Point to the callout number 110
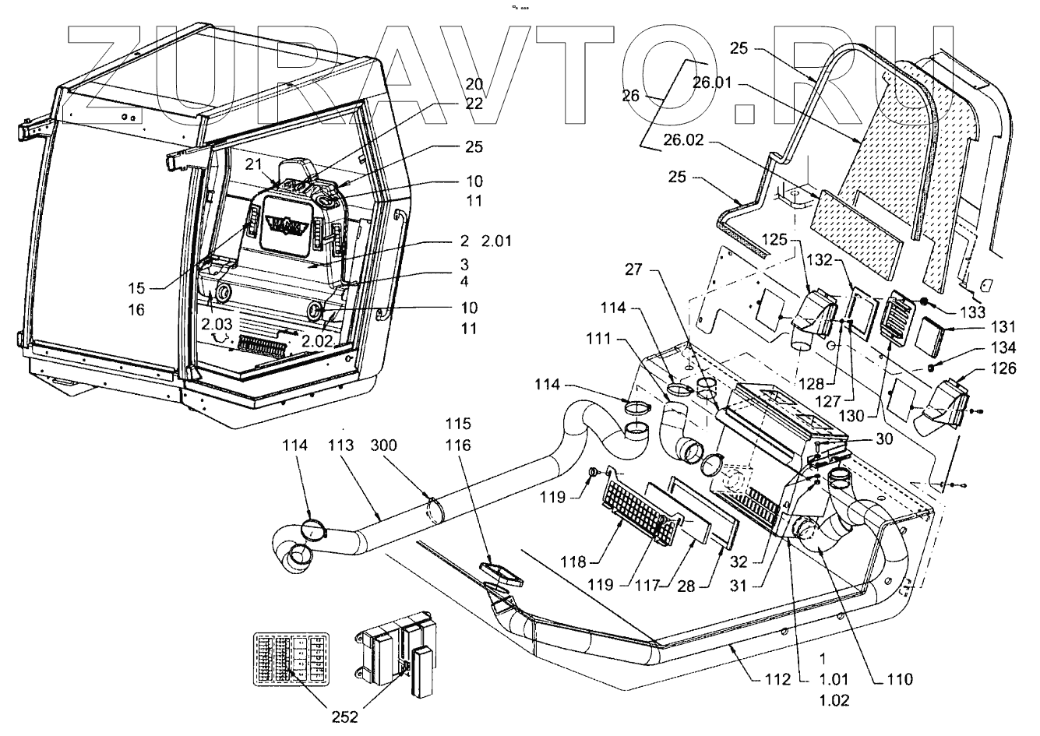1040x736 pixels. tap(898, 678)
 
